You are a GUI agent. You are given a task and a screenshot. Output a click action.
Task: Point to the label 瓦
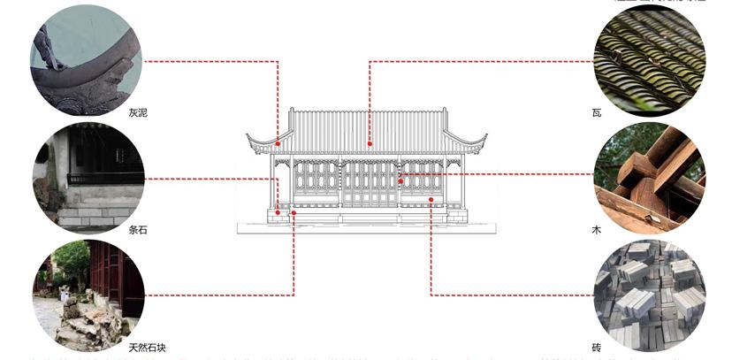[596, 112]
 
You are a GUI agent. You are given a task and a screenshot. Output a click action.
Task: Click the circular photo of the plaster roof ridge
[86, 62]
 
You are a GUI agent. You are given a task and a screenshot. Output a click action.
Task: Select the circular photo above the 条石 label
[86, 178]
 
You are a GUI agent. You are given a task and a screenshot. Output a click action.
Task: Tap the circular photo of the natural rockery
[86, 295]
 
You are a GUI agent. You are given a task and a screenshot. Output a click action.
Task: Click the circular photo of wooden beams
[650, 178]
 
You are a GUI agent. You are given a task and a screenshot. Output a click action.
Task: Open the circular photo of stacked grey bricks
[650, 295]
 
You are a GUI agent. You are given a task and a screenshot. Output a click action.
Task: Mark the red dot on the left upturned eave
[278, 143]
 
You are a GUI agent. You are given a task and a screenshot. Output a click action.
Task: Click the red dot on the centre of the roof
[370, 143]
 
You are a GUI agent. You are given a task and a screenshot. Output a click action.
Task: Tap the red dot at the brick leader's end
[431, 200]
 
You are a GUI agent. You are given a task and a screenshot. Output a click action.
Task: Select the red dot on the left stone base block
[278, 212]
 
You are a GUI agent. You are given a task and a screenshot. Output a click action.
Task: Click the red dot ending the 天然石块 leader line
[294, 212]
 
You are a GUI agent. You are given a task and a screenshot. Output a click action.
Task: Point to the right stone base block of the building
[457, 214]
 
